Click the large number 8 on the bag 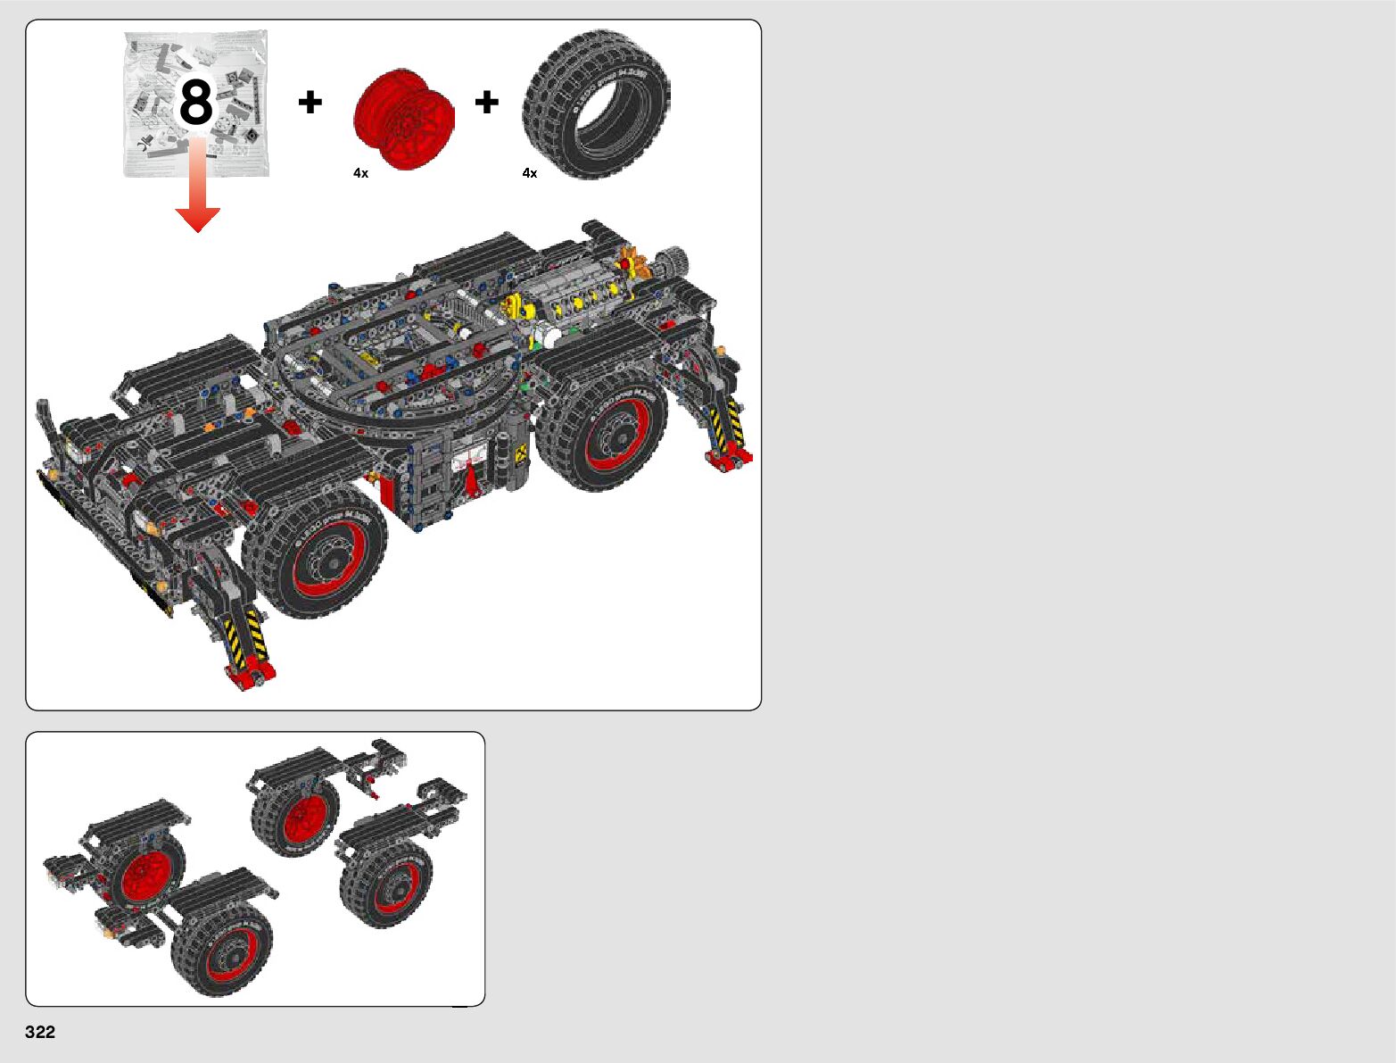point(195,103)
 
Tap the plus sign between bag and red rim point(310,102)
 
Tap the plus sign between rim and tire point(486,102)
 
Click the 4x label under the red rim point(360,173)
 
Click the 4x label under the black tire point(530,173)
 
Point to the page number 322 point(40,1032)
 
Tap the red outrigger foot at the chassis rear point(730,459)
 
